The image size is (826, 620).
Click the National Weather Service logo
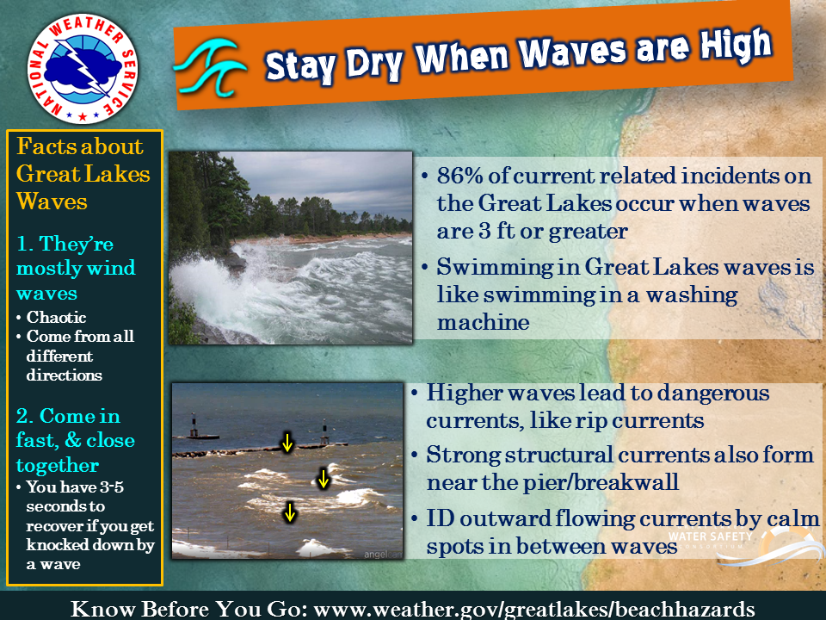(83, 69)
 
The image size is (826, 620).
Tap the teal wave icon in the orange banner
(211, 67)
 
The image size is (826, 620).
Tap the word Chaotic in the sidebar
(57, 317)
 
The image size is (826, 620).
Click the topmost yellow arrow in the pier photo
(287, 443)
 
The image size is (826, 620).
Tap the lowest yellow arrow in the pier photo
(289, 512)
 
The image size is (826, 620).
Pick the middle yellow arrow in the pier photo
(324, 479)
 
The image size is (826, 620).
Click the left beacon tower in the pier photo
(194, 426)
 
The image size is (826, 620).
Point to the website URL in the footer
(533, 609)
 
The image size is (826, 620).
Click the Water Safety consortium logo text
(710, 536)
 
